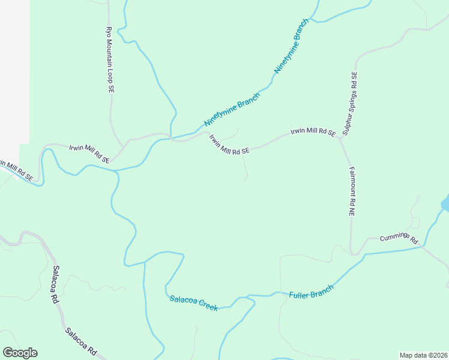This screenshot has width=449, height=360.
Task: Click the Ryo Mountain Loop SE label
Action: (x=110, y=59)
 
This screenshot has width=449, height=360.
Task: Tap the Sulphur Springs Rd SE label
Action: (x=350, y=103)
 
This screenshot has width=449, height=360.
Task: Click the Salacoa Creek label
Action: (x=193, y=302)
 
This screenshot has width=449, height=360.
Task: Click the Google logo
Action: (x=20, y=353)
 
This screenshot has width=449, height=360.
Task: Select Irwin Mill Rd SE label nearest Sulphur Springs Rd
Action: (x=313, y=132)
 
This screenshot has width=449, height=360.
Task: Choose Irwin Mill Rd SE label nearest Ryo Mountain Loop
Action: (x=89, y=154)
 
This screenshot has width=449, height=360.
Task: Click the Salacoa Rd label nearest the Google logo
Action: (x=81, y=340)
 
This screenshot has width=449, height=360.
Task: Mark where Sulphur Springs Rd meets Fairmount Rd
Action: (x=340, y=139)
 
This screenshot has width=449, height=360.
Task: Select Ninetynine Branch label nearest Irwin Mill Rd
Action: (x=232, y=109)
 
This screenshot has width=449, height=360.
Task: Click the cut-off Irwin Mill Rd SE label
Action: (x=16, y=169)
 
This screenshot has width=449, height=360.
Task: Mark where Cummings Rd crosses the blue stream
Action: (x=423, y=246)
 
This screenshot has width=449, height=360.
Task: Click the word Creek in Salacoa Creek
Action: (x=206, y=306)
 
